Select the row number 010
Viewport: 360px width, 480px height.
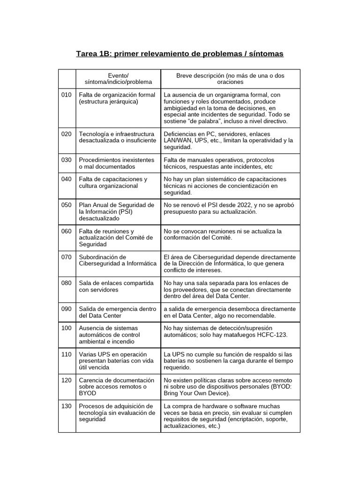pyautogui.click(x=66, y=95)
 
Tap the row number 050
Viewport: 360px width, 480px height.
pyautogui.click(x=66, y=205)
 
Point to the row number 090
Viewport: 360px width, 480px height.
pyautogui.click(x=66, y=309)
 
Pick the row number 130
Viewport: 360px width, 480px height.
pyautogui.click(x=66, y=406)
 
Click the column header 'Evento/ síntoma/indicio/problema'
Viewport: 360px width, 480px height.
pyautogui.click(x=118, y=79)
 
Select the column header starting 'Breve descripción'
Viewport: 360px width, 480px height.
pyautogui.click(x=230, y=79)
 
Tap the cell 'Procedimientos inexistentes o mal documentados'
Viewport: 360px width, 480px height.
pyautogui.click(x=116, y=163)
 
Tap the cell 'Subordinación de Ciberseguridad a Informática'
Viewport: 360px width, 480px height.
pyautogui.click(x=117, y=261)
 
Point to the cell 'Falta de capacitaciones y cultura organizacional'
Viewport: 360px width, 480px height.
pyautogui.click(x=113, y=182)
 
